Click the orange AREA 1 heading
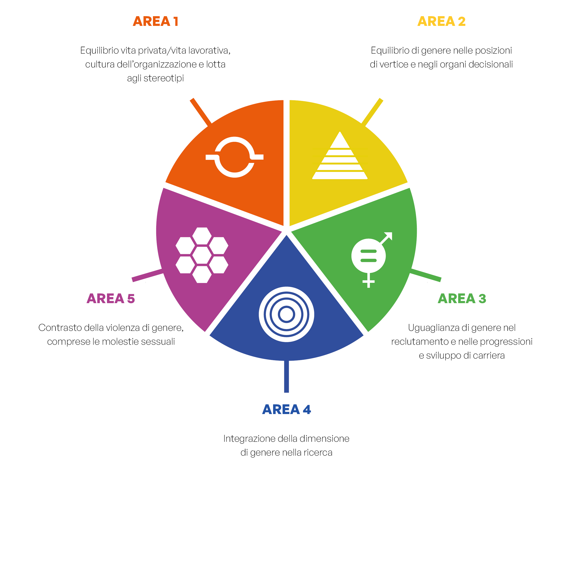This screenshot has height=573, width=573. click(155, 21)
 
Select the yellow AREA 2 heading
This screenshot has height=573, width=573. click(441, 21)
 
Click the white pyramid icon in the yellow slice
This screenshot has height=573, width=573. click(340, 155)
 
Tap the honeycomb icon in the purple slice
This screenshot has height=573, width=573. click(202, 255)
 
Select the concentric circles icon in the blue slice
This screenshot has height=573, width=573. click(286, 314)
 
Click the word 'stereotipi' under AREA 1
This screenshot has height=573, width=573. click(164, 78)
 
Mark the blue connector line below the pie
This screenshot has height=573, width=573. click(286, 377)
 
